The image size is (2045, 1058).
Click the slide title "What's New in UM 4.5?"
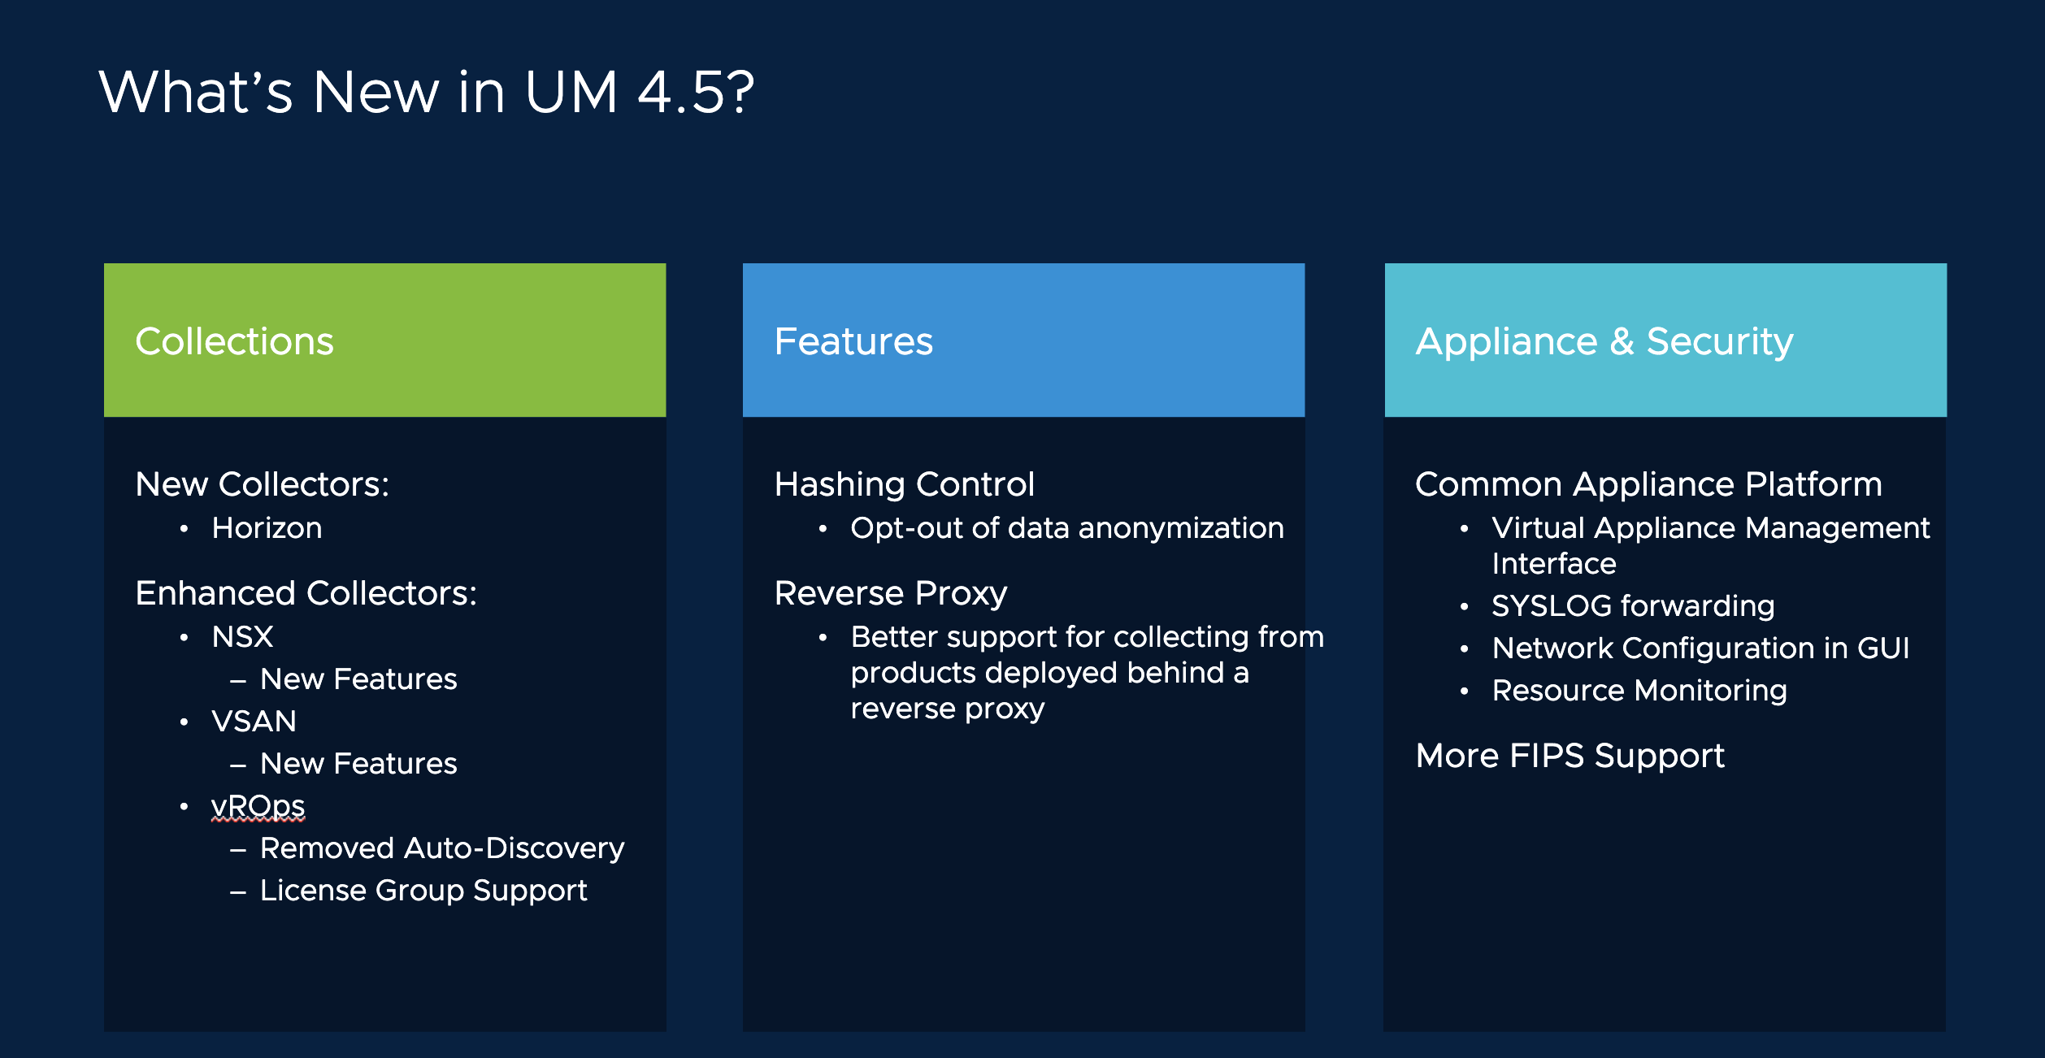[427, 92]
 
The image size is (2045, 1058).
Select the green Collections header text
[234, 341]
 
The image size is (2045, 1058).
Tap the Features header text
[853, 341]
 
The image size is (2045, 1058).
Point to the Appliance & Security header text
[1604, 341]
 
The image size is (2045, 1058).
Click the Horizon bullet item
[267, 528]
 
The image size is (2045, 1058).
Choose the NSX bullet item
[242, 637]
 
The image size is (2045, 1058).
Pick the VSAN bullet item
[254, 722]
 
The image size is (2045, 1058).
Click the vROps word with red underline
[258, 806]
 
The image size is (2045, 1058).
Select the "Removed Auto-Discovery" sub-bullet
[441, 848]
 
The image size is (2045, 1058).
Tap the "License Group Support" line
[423, 891]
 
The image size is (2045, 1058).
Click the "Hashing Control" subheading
[904, 484]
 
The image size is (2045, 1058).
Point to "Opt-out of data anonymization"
[1066, 528]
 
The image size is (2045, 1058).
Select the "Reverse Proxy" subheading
[890, 593]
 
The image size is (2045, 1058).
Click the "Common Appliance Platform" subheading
[1648, 484]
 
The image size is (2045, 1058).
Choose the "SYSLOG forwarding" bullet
[1633, 606]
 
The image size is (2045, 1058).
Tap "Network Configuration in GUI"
[1700, 648]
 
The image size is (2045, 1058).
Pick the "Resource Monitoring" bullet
[1639, 691]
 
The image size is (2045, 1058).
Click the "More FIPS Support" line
[1570, 756]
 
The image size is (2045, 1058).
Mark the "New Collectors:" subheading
[262, 484]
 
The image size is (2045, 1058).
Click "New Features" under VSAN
[358, 764]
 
